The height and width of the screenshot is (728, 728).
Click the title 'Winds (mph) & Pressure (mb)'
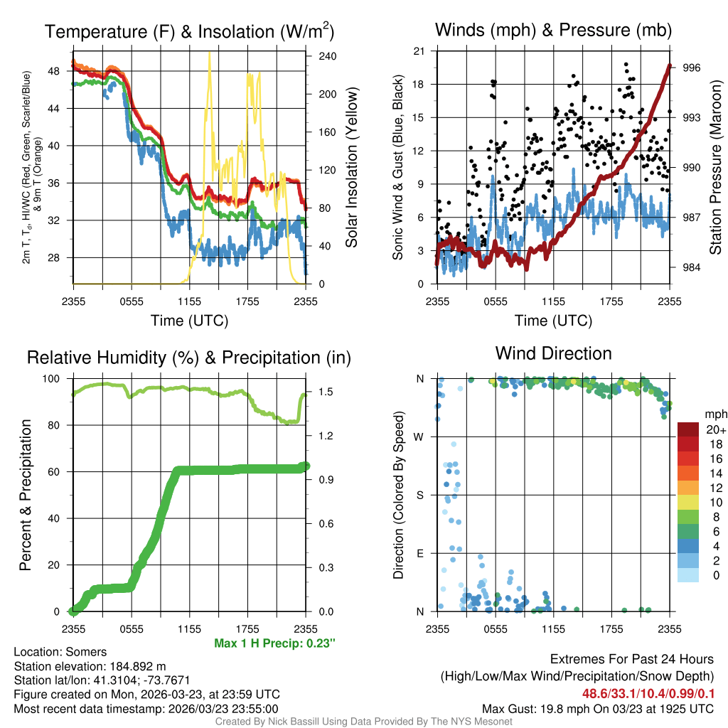[x=553, y=30]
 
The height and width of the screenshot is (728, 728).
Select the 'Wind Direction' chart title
[x=553, y=353]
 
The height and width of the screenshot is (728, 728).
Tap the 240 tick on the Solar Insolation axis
[x=326, y=56]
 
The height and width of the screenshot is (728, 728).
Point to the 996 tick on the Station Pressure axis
[x=692, y=68]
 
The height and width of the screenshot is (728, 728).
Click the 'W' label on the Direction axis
[x=419, y=437]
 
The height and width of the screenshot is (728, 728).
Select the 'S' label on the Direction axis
[x=419, y=495]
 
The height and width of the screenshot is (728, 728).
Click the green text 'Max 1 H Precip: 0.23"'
[x=274, y=643]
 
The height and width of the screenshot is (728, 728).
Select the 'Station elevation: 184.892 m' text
[x=90, y=666]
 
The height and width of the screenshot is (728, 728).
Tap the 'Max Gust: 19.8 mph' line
[x=598, y=708]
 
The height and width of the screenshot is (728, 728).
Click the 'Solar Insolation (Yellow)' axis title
[x=351, y=168]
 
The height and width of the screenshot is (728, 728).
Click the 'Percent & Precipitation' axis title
[x=26, y=495]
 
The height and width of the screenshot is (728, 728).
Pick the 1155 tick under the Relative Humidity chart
[x=189, y=628]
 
